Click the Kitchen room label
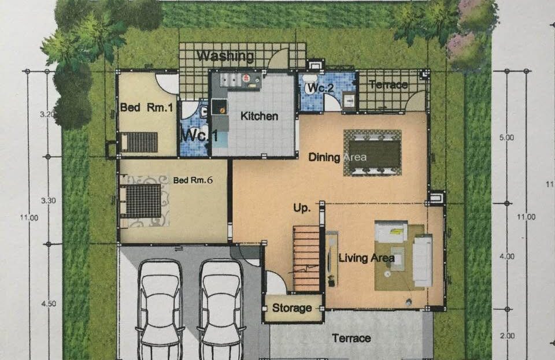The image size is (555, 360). tap(259, 116)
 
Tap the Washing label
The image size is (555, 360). tap(225, 56)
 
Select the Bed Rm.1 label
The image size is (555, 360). tap(146, 107)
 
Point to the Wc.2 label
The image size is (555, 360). tap(320, 88)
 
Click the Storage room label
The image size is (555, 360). tap(292, 308)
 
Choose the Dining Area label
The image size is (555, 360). tap(337, 157)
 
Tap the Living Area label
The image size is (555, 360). tap(367, 258)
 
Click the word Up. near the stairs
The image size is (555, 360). tap(302, 208)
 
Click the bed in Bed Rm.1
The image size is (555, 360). tap(139, 142)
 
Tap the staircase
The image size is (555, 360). tap(306, 259)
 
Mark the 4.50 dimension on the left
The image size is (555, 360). tap(49, 303)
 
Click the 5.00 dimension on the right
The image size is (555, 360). tap(506, 137)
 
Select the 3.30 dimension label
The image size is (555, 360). tap(49, 201)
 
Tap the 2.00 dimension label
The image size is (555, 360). tap(507, 336)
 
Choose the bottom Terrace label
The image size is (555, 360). tap(351, 339)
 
